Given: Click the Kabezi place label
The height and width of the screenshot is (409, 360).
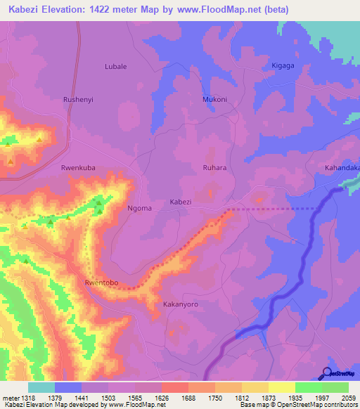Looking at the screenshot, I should click(x=181, y=202).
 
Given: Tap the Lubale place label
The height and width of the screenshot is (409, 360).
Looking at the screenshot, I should click(x=115, y=66).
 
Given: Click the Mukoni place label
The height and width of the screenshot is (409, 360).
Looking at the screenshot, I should click(x=214, y=100).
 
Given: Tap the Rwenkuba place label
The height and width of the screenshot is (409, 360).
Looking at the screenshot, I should click(x=78, y=168).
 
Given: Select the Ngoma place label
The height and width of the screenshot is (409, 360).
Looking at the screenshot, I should click(x=119, y=209).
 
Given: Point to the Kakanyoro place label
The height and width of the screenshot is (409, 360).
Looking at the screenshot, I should click(x=181, y=305).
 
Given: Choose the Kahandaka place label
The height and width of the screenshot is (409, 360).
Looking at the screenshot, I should click(x=342, y=168).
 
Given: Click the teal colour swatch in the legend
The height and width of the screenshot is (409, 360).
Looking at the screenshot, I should click(x=41, y=387).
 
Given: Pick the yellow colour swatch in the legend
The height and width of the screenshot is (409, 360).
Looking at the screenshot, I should click(x=281, y=387).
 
